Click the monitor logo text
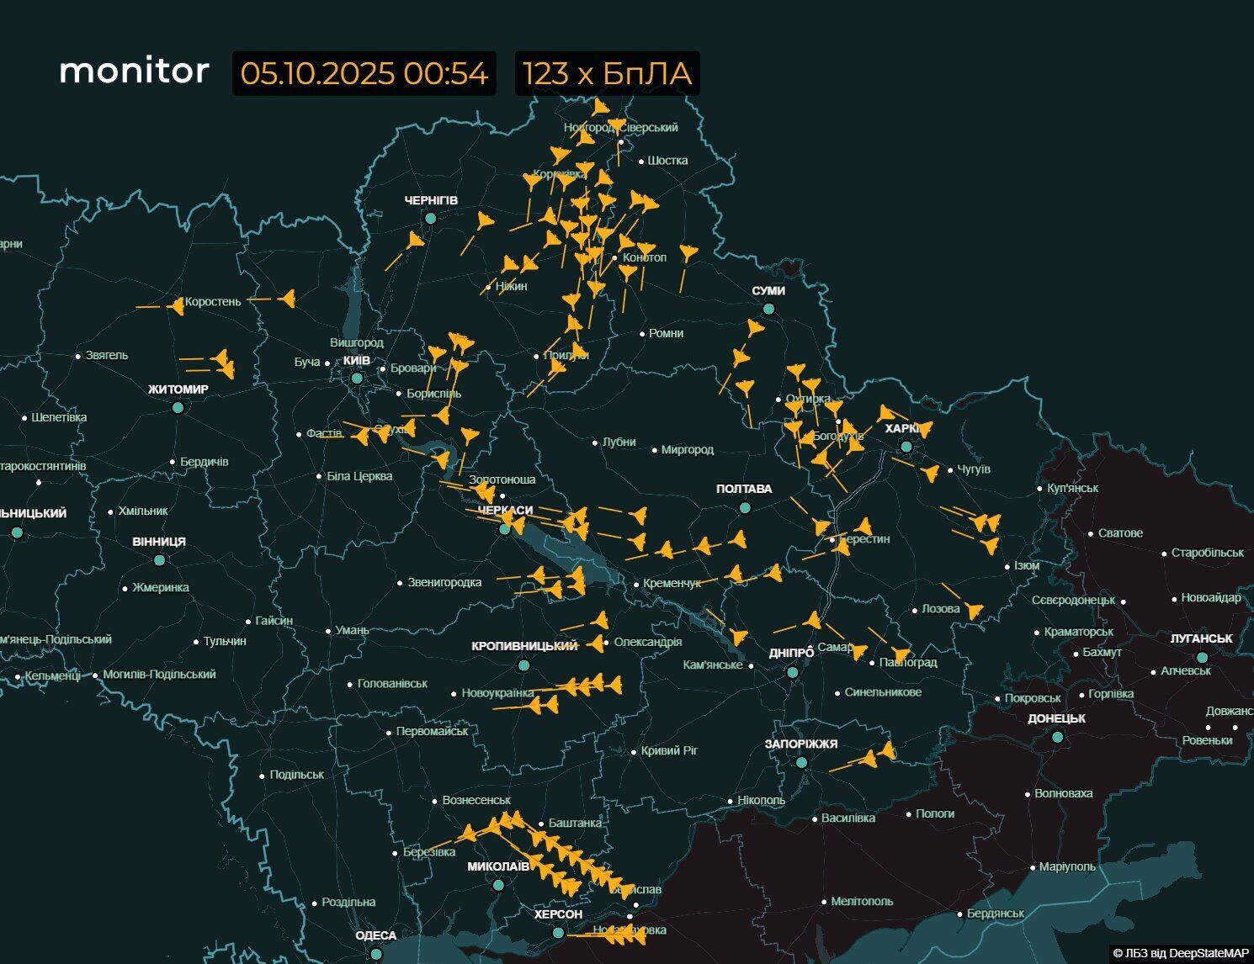134,71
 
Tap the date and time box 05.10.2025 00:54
364,73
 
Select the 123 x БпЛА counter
607,73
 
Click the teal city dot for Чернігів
430,218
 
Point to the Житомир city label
178,389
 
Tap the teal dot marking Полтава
745,507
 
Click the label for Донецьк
1056,718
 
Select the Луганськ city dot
1202,657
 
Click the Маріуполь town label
1067,866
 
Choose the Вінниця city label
159,542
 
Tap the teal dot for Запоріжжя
801,762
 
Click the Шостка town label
667,161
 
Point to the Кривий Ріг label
670,750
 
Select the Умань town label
352,630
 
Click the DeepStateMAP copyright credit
1181,953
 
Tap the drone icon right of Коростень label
288,298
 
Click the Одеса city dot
376,953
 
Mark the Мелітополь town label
862,901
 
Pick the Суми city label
768,291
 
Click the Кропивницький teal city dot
523,665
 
